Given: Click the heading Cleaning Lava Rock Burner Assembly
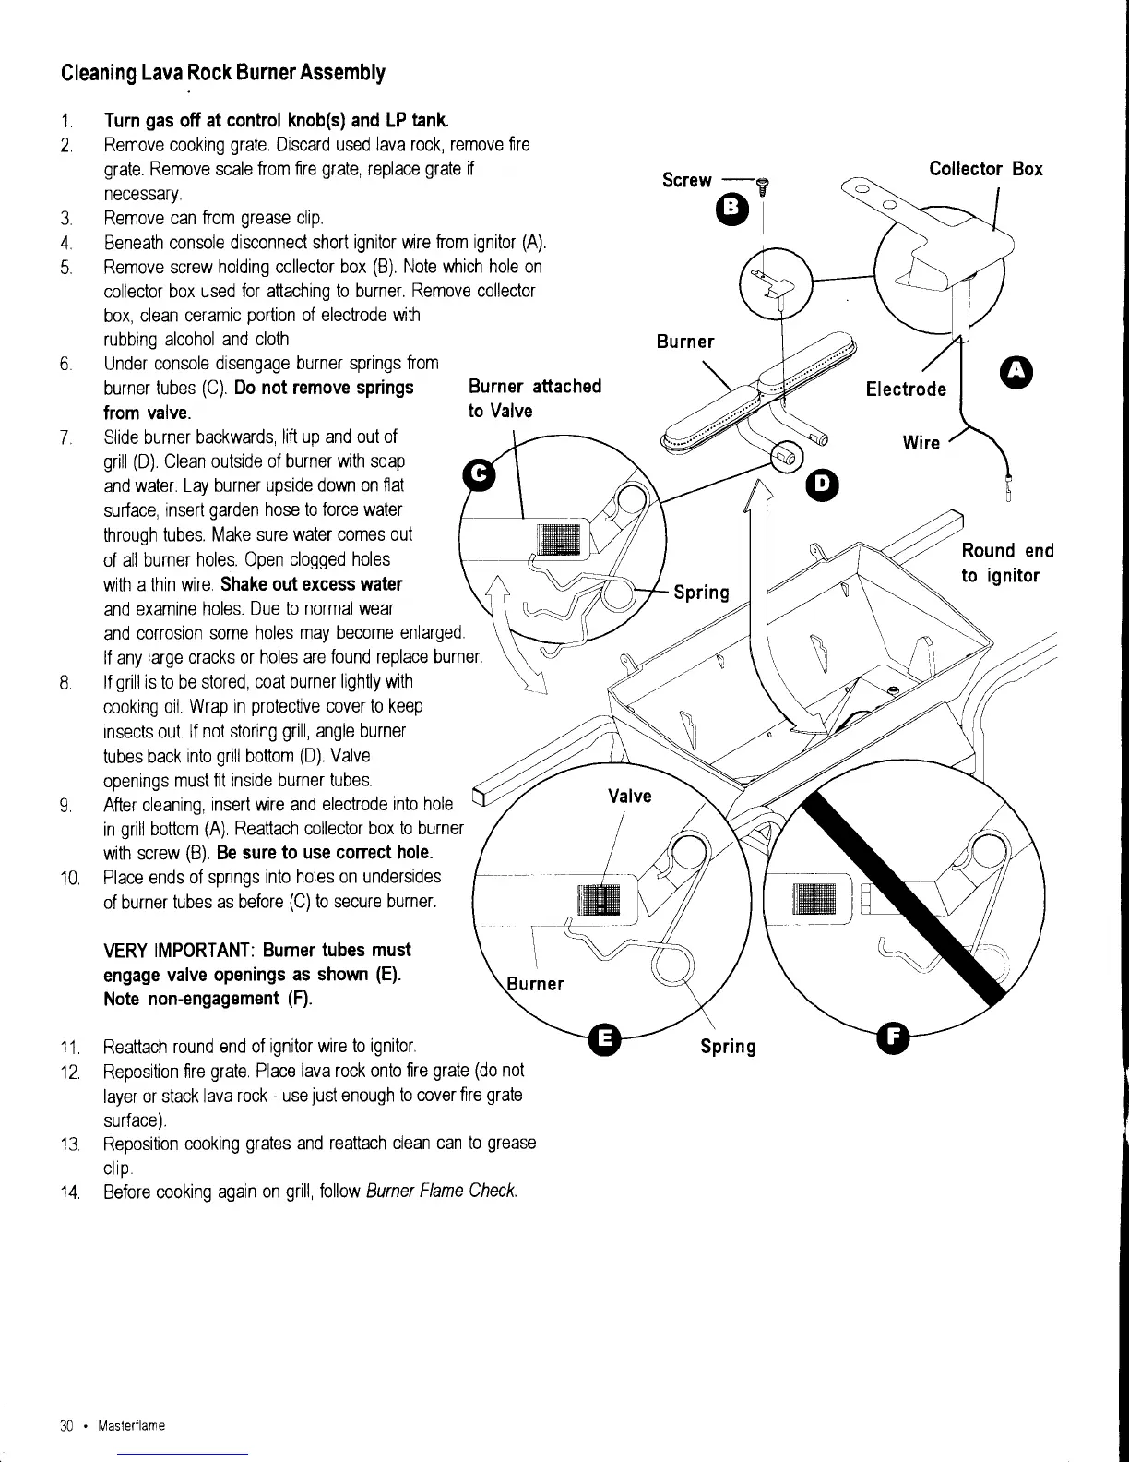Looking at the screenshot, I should coord(222,72).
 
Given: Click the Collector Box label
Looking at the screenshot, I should coord(985,169).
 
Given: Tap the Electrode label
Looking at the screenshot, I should coord(906,389).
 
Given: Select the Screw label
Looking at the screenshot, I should coord(687,180).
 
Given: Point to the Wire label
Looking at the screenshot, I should coord(921,443).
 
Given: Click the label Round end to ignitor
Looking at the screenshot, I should coord(1007,563).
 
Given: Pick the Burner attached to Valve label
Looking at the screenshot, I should coord(535,398).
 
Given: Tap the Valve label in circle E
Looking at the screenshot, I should coord(629,796).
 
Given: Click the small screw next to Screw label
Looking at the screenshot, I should coord(761,187).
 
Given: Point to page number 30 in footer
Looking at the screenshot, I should coord(65,1426).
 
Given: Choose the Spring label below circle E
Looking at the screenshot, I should coord(727,1046).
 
